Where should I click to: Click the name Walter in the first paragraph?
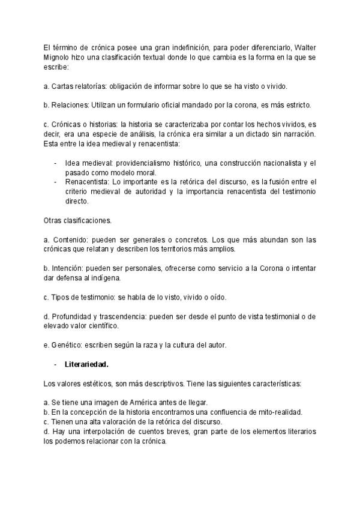coord(304,47)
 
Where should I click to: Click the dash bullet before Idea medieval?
coord(56,163)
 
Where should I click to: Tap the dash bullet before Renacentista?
coord(56,182)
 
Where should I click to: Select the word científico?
coord(102,326)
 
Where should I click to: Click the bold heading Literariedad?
coord(86,364)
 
